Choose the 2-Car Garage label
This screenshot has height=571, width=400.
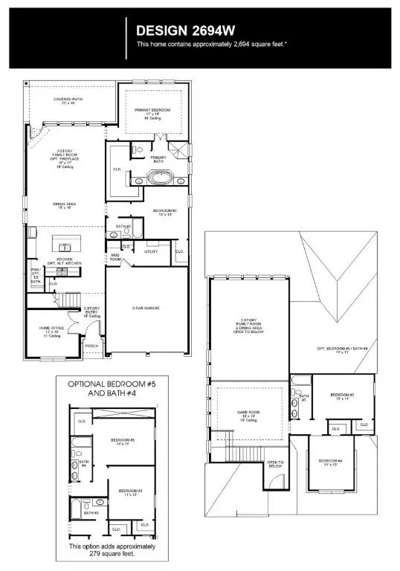pyautogui.click(x=146, y=308)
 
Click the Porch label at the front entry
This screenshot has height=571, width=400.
pyautogui.click(x=92, y=346)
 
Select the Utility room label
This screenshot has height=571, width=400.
pyautogui.click(x=151, y=252)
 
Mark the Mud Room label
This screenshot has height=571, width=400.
pyautogui.click(x=116, y=258)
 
